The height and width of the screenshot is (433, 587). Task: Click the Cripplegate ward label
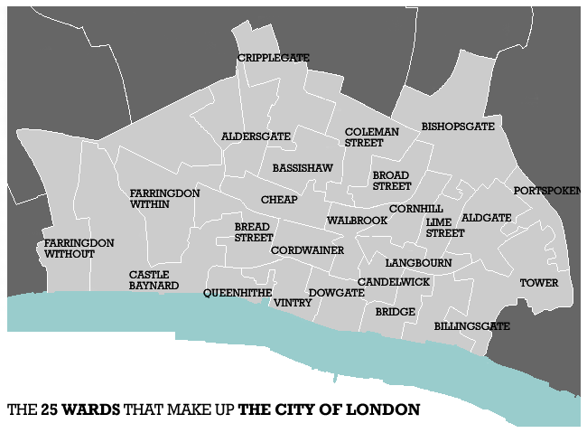[273, 58]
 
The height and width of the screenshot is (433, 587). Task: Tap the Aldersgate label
[256, 136]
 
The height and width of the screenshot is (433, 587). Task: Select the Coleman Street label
[371, 137]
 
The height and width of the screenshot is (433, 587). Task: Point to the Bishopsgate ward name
[458, 127]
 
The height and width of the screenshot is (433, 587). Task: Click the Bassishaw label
[303, 168]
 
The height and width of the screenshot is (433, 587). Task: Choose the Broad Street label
[392, 181]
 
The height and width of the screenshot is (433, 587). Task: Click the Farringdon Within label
[164, 199]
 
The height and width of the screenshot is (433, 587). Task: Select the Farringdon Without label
[79, 249]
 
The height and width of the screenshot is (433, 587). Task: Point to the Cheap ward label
[279, 199]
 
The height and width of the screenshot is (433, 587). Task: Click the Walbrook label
[357, 221]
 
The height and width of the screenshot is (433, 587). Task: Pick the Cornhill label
[416, 209]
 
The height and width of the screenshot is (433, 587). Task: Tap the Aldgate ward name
[487, 218]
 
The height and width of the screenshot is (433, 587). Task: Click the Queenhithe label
[238, 293]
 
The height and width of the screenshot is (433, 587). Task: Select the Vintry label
[293, 303]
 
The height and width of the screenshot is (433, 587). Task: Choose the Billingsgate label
[472, 325]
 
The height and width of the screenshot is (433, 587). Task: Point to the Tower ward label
[538, 283]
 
